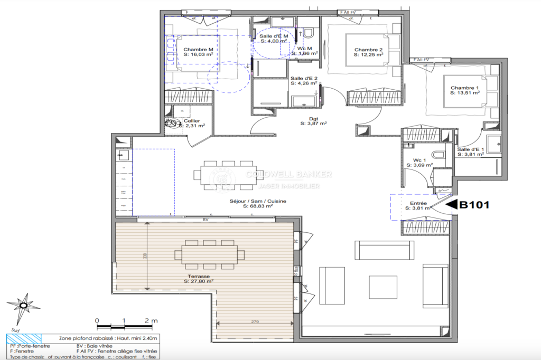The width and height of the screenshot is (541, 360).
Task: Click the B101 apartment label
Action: tap(475, 205)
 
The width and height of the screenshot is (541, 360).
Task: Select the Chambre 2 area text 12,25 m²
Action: tap(368, 54)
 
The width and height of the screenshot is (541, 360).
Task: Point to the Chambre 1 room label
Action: tap(464, 88)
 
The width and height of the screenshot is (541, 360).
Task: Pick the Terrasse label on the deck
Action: tap(198, 276)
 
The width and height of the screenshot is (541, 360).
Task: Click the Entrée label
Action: tap(418, 202)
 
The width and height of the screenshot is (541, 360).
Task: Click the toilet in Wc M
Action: tap(310, 33)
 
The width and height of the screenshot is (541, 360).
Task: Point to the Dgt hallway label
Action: tap(313, 119)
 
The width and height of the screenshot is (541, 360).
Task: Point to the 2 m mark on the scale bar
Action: tap(151, 320)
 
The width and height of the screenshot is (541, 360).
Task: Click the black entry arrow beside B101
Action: tap(452, 205)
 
